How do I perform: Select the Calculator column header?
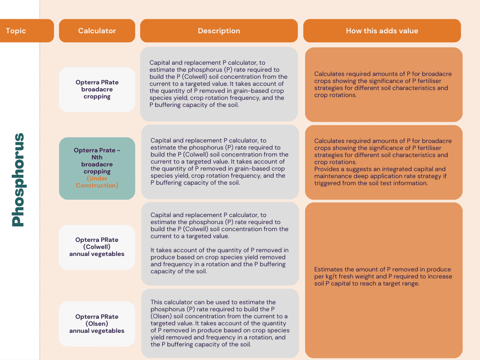(97, 30)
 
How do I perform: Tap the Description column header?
(219, 30)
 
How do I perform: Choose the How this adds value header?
(382, 30)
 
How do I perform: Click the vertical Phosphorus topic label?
(18, 180)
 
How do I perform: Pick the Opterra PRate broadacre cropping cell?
(97, 90)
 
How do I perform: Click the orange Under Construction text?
(97, 182)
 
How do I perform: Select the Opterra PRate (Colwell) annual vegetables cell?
(97, 247)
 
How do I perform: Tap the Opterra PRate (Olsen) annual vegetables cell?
(97, 323)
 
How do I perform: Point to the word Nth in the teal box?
(97, 157)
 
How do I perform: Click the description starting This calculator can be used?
(220, 323)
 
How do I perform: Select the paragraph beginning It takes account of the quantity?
(219, 261)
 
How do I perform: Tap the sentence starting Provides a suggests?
(380, 176)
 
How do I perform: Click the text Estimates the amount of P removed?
(383, 277)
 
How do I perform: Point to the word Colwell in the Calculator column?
(97, 247)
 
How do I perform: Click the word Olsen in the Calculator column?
(97, 323)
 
